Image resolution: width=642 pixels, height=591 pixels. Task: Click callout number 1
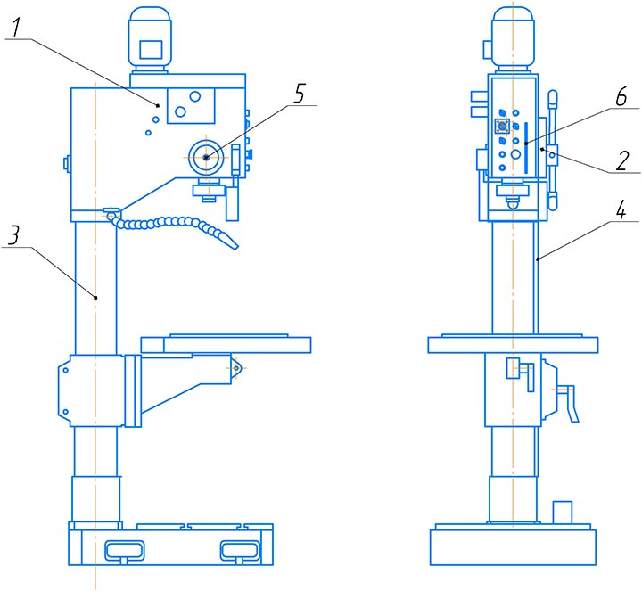(15, 28)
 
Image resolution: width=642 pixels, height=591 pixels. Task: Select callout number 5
(300, 94)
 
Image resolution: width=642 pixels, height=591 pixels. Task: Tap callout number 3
(13, 235)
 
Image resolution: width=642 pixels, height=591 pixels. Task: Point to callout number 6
(621, 97)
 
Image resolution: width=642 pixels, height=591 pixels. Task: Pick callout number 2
(622, 160)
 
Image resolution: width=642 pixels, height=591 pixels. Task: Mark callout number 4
(621, 210)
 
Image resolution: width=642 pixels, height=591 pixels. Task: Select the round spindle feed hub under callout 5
(206, 158)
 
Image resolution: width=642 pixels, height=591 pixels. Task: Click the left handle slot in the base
(125, 551)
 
